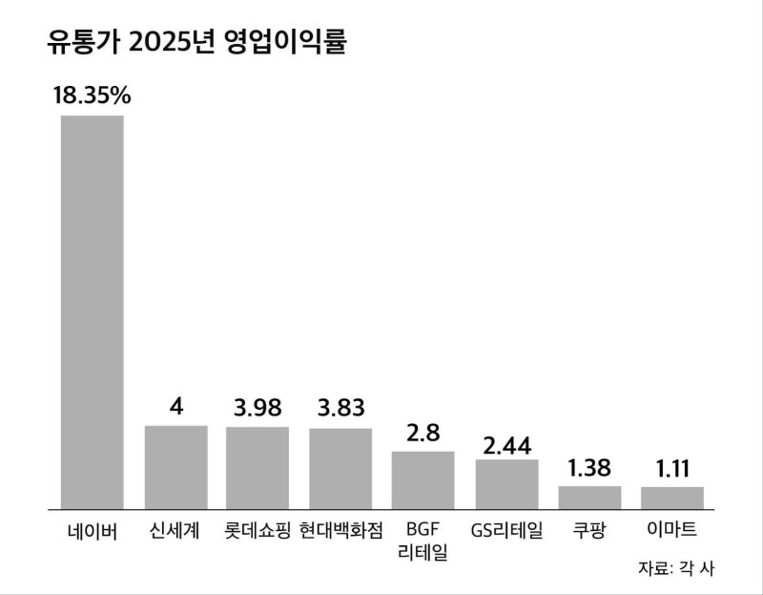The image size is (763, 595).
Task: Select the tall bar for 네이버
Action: (x=93, y=311)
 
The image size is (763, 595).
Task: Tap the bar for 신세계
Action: (x=175, y=467)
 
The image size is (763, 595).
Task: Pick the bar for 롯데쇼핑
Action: (x=258, y=468)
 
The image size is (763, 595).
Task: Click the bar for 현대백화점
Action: (x=340, y=469)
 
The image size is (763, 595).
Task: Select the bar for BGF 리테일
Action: (x=423, y=480)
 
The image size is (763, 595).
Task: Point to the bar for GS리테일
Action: (x=506, y=484)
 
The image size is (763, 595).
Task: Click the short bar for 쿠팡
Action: (x=589, y=498)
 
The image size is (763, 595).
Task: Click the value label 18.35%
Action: (x=93, y=96)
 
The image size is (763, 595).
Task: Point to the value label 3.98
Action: (x=258, y=407)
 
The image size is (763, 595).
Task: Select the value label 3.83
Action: (x=340, y=409)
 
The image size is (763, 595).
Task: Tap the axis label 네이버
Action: (x=93, y=531)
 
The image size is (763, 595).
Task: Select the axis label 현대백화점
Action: (x=340, y=531)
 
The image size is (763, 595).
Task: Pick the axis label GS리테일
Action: (x=506, y=531)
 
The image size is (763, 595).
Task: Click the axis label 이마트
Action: (x=672, y=531)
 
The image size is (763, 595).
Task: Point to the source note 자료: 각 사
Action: (x=676, y=567)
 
